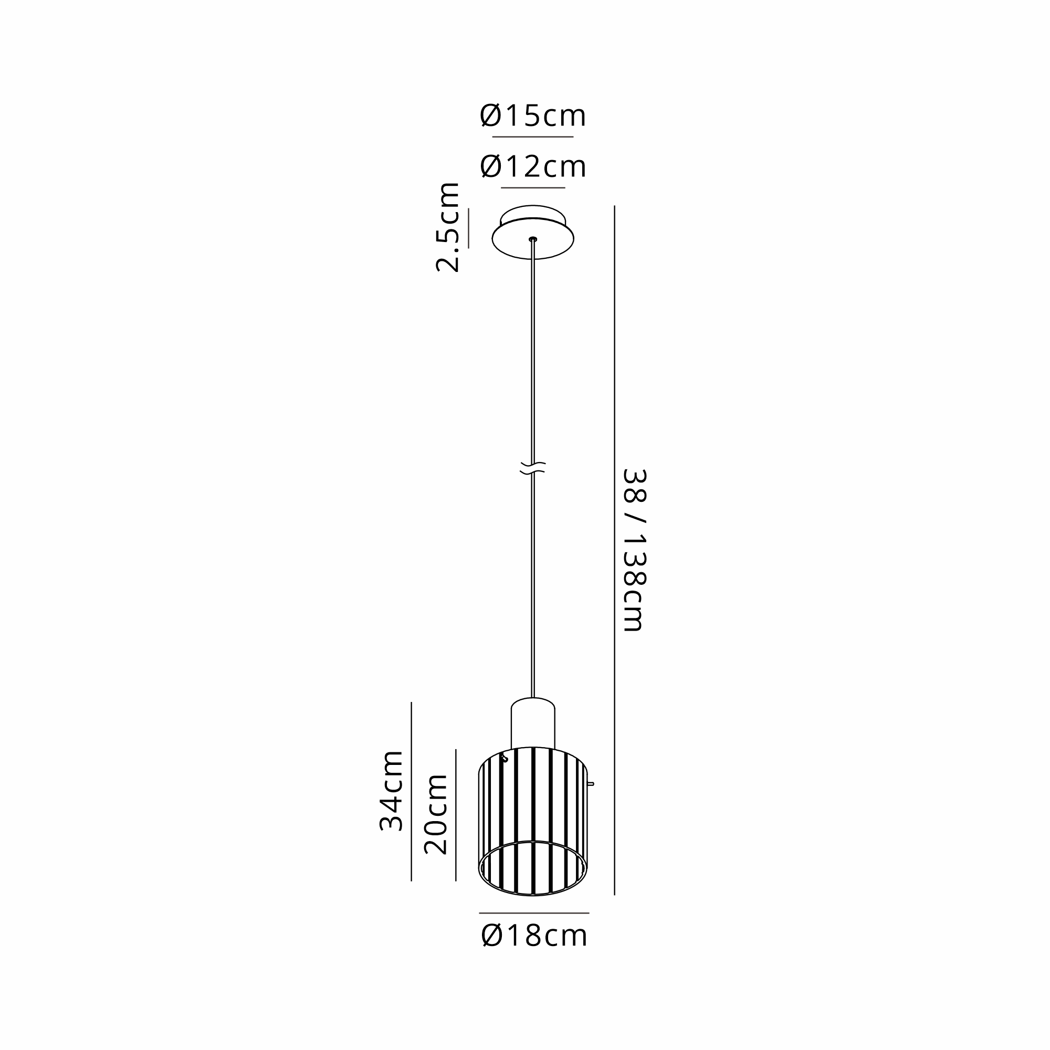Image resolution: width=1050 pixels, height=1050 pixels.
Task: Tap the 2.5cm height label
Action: click(448, 227)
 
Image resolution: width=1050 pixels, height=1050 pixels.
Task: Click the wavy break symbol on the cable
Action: click(532, 468)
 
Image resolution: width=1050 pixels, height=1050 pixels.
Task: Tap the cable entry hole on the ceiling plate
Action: click(532, 238)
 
